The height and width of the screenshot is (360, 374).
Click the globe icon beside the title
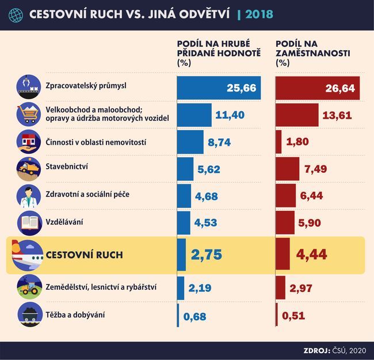[x=16, y=13]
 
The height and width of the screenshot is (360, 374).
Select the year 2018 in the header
[x=259, y=13]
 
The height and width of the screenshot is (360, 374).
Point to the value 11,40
[x=230, y=115]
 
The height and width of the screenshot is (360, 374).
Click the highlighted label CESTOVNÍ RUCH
[x=84, y=255]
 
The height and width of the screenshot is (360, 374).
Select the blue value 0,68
[x=194, y=316]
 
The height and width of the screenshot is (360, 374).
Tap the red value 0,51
[x=293, y=316]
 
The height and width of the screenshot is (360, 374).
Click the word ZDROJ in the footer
[x=315, y=350]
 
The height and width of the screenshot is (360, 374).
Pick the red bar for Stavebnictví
[x=288, y=169]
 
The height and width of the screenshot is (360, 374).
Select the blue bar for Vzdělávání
[x=184, y=223]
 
